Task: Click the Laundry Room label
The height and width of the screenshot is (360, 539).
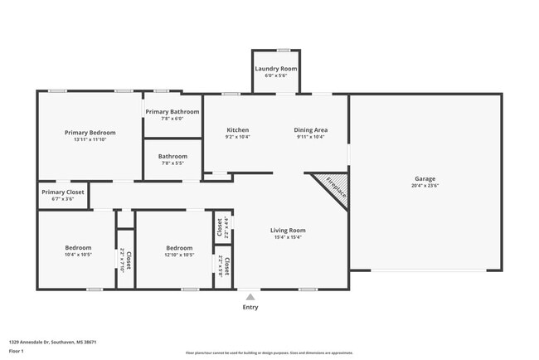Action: pos(275,68)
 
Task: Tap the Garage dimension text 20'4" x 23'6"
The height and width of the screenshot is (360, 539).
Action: pos(425,186)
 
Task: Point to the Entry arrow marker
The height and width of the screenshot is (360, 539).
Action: pos(250,296)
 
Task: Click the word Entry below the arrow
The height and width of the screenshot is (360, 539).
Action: pos(250,307)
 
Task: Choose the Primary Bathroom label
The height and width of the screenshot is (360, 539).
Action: pos(172,111)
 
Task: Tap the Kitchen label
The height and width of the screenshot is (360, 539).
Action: pos(238,129)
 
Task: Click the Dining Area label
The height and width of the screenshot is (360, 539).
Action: pos(311,129)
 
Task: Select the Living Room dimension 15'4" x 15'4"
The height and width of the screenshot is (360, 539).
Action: pos(288,237)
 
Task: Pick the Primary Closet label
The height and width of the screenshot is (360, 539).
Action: pos(63,192)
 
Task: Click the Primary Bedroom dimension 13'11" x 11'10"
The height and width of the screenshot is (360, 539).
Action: pos(90,139)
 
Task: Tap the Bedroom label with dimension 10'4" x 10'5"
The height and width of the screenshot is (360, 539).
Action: pos(79,247)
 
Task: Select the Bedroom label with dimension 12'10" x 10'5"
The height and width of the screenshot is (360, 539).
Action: pos(179,247)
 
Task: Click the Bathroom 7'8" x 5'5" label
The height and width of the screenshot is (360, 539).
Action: pos(172,156)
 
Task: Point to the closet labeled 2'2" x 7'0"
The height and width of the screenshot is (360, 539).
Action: pos(125,259)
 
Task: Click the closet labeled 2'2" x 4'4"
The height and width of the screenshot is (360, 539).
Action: pos(222,227)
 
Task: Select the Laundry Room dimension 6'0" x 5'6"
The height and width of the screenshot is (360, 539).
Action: pos(275,75)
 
